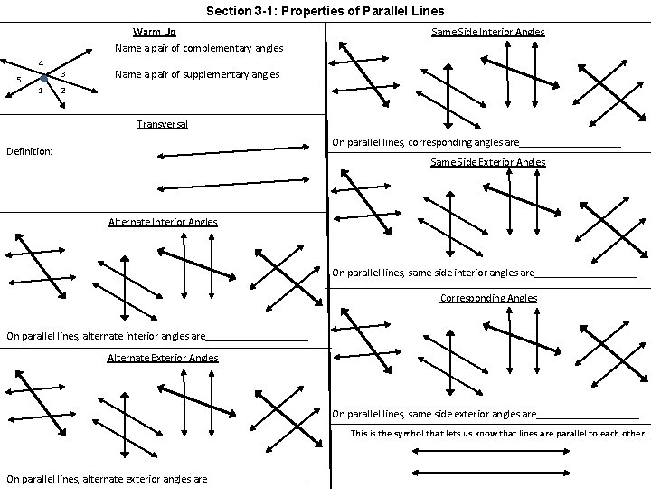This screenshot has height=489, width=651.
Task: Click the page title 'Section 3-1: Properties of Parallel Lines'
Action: tap(325, 12)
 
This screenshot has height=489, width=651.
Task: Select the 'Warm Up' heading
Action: tap(160, 33)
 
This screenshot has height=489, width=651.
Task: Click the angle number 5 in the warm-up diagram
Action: tap(19, 80)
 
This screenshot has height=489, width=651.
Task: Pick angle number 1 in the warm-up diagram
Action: tap(41, 90)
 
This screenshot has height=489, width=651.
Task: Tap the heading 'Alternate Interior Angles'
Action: tap(163, 221)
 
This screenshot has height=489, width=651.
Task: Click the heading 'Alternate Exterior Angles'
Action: tap(163, 358)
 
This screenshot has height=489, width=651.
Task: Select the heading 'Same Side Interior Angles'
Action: tap(488, 32)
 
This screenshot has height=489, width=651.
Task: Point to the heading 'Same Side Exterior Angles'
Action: tap(488, 162)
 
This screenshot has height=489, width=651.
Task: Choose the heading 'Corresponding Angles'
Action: tap(488, 298)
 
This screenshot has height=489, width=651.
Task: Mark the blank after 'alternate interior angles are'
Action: tap(257, 337)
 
